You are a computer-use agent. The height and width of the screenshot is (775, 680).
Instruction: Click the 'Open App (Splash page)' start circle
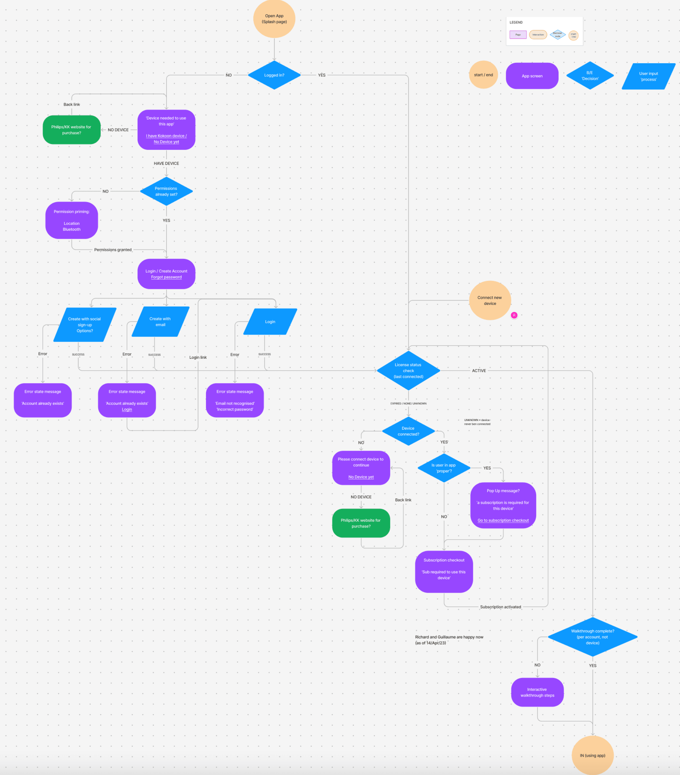point(274,19)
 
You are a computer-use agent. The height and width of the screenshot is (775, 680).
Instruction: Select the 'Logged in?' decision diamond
point(274,75)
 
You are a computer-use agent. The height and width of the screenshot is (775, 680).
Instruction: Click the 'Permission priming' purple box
point(72,220)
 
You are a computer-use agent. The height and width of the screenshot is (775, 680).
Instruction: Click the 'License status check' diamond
point(408,370)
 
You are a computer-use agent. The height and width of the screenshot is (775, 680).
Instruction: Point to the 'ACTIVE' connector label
point(479,370)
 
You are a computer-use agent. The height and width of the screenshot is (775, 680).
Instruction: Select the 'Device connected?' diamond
point(408,431)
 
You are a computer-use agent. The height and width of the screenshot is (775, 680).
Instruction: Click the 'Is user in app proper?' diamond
point(444,468)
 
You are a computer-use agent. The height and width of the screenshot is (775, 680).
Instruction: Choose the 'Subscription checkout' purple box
point(444,571)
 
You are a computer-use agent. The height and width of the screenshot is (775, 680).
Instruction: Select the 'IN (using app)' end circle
point(592,755)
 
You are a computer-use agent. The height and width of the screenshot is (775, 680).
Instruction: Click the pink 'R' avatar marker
point(514,315)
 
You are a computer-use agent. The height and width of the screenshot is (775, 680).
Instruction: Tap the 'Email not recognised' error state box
point(235,400)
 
